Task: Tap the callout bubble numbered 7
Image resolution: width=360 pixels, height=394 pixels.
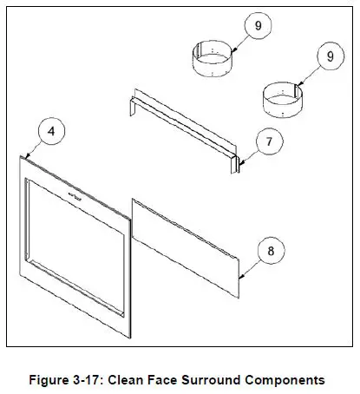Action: click(x=269, y=140)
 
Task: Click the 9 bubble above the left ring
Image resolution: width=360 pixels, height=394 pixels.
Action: click(x=258, y=26)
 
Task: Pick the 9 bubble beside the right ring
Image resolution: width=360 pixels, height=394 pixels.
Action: click(x=330, y=56)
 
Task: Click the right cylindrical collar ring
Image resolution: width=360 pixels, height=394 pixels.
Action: click(x=281, y=100)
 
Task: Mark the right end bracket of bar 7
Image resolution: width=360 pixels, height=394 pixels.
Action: click(x=234, y=162)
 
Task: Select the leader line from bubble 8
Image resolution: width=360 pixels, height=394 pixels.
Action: click(x=250, y=264)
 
